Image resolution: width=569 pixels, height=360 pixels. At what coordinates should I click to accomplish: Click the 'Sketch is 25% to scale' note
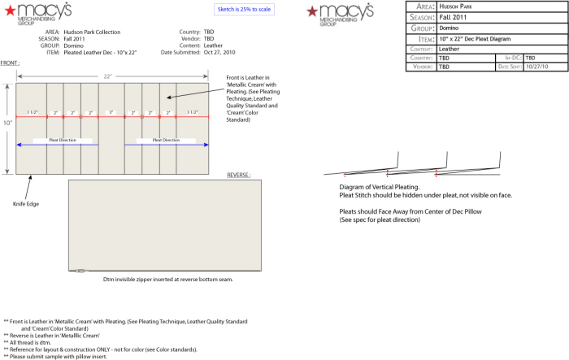pos(242,9)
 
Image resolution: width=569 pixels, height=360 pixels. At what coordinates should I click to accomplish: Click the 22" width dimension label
pos(107,76)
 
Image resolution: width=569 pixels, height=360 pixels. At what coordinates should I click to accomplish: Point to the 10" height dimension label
pos(7,123)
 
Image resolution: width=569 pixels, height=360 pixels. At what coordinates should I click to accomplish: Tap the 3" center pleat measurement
pos(111,112)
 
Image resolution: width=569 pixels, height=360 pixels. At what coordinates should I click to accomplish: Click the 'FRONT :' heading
pos(11,63)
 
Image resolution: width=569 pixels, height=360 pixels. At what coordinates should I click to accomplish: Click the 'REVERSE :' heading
pos(238,175)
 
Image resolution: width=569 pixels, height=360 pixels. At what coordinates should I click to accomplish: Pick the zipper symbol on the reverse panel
pos(80,271)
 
